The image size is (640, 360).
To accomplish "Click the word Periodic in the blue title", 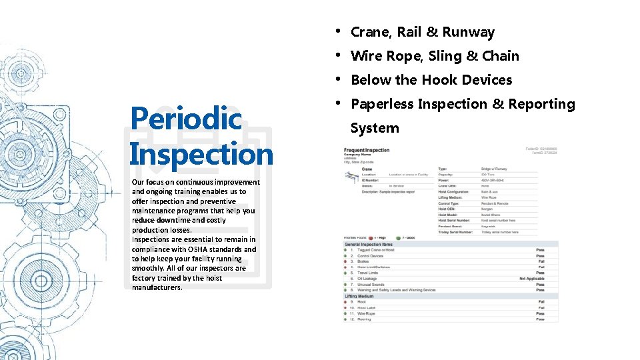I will pos(186,119).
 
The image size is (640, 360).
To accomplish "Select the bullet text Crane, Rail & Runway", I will pos(422,32).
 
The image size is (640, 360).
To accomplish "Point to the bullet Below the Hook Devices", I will pos(431,80).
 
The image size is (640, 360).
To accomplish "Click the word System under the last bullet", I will pos(374,128).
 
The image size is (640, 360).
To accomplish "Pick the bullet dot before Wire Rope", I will pos(339,55).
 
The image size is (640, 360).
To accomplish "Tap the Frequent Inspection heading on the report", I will pos(367,150).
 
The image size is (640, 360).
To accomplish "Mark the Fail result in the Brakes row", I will pos(541,261).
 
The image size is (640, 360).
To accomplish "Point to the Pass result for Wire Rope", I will pos(540,313).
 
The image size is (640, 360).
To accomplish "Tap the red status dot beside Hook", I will pos(352,302).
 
